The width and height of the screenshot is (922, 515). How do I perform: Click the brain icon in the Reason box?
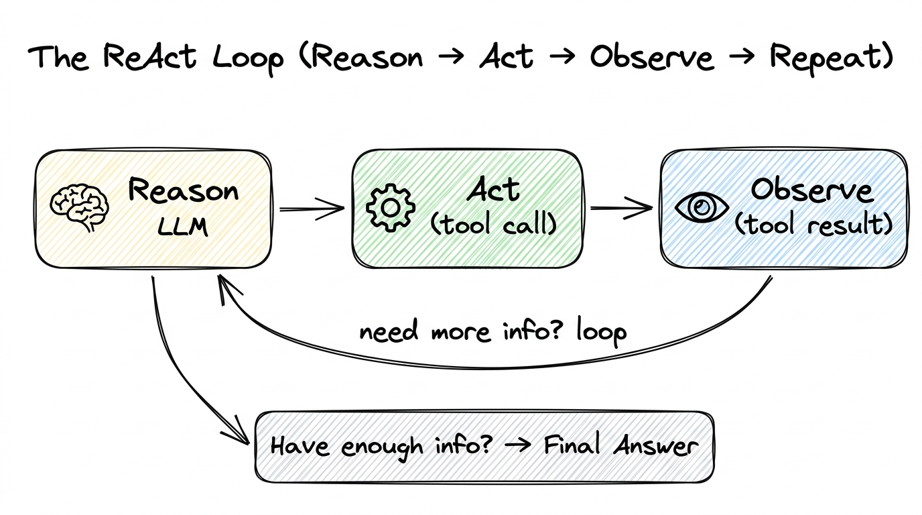tap(80, 207)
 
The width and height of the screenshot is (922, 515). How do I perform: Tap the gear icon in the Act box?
tap(390, 207)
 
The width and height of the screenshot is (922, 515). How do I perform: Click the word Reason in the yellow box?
tap(183, 191)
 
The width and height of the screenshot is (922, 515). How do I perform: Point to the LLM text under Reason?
tap(183, 227)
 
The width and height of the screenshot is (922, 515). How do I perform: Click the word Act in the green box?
tap(493, 190)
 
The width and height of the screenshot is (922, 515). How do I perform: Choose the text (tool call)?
tap(493, 225)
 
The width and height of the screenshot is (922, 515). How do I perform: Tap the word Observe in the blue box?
tap(811, 190)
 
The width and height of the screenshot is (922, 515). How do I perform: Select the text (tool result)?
tap(813, 225)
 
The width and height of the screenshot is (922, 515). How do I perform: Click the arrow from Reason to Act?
tap(312, 209)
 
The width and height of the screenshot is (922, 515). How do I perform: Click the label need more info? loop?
tap(492, 331)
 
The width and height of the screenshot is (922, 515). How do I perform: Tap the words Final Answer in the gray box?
tap(620, 446)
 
